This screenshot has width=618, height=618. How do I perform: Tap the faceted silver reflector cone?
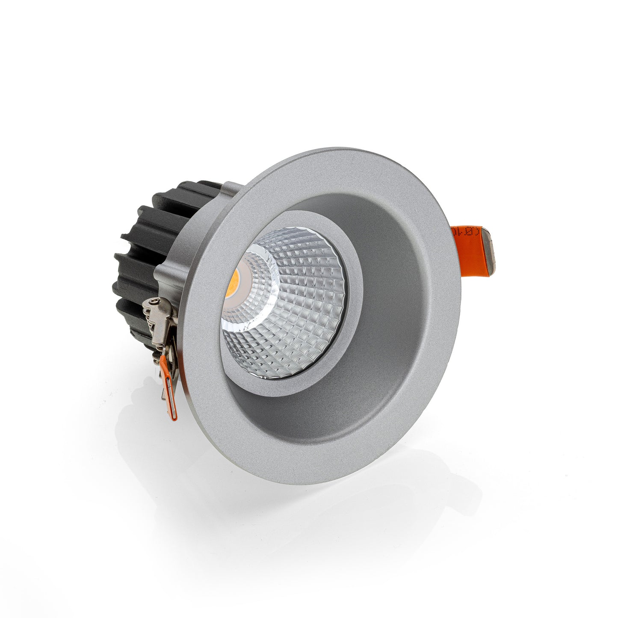[299, 308]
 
